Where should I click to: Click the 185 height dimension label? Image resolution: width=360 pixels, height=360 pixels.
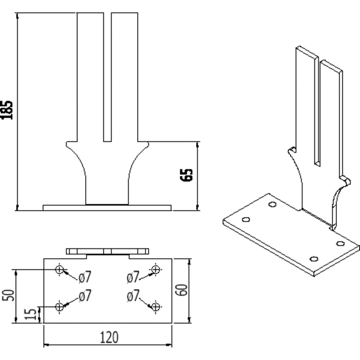pyautogui.click(x=7, y=110)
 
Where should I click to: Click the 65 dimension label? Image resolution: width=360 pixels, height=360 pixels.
pyautogui.click(x=187, y=175)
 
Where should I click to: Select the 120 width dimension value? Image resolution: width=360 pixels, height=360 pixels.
pyautogui.click(x=109, y=337)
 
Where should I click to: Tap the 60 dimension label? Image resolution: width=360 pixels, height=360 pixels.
pyautogui.click(x=181, y=290)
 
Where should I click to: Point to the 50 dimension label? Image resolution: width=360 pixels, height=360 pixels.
pyautogui.click(x=8, y=295)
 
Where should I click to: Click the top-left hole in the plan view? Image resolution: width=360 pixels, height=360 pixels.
pyautogui.click(x=59, y=269)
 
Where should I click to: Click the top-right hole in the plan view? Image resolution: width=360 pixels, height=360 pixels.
pyautogui.click(x=155, y=269)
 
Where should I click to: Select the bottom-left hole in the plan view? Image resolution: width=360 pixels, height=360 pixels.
pyautogui.click(x=59, y=307)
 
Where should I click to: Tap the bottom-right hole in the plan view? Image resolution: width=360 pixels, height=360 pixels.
pyautogui.click(x=155, y=307)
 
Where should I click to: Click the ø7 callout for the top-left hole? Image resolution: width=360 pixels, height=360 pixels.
pyautogui.click(x=85, y=277)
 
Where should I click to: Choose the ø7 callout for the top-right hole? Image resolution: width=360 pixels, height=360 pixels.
pyautogui.click(x=133, y=277)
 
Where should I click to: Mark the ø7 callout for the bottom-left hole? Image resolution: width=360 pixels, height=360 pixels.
pyautogui.click(x=85, y=295)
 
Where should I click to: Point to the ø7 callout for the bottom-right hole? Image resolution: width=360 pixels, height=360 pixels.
pyautogui.click(x=133, y=295)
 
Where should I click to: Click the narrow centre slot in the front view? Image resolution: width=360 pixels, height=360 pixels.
pyautogui.click(x=107, y=77)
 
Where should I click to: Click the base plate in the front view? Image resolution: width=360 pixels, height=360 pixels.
pyautogui.click(x=107, y=208)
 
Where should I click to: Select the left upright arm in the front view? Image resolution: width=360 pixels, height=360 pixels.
pyautogui.click(x=90, y=77)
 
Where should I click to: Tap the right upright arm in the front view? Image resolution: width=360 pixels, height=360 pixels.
pyautogui.click(x=125, y=77)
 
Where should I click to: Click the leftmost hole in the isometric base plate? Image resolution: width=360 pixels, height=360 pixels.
pyautogui.click(x=246, y=219)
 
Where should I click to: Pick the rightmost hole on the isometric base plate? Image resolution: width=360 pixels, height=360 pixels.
pyautogui.click(x=340, y=243)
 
